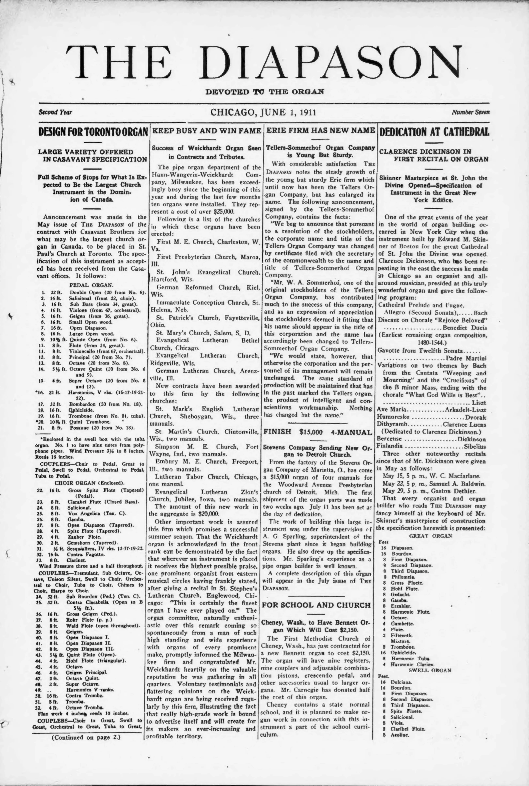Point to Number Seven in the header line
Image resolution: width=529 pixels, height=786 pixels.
point(471,112)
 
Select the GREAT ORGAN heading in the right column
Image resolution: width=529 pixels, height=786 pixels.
point(430,536)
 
